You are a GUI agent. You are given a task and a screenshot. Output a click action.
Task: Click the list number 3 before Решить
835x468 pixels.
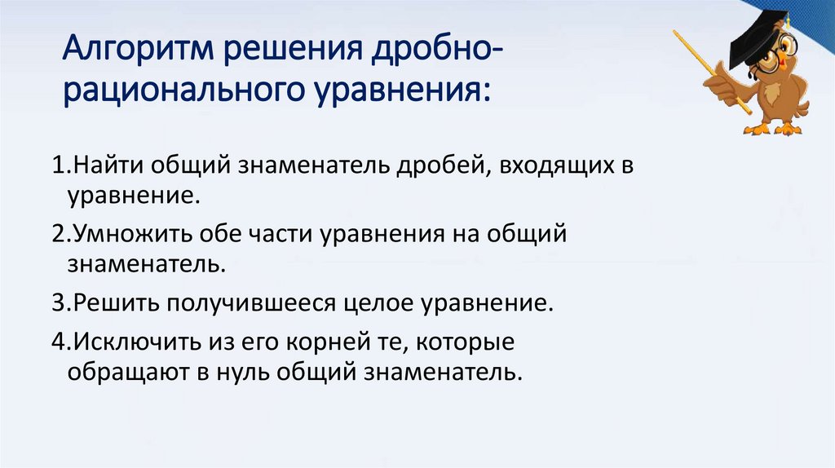coord(58,303)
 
